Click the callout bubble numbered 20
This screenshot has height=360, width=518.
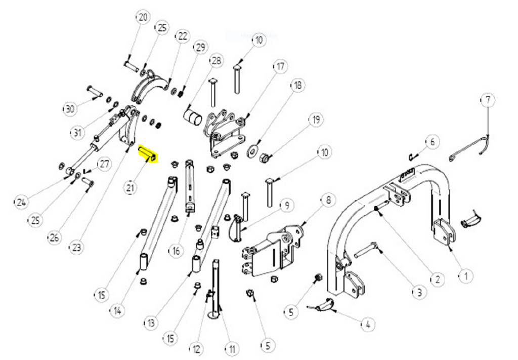[x=143, y=17]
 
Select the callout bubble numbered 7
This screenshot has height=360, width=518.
[x=488, y=100]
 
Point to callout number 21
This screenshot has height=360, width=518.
[x=131, y=188]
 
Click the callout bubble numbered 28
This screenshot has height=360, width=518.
[x=217, y=61]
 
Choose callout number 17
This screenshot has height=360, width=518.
[x=280, y=66]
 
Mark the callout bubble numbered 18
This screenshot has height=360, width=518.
[x=297, y=85]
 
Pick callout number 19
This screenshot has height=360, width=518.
[x=316, y=120]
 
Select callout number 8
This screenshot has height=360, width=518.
[x=328, y=200]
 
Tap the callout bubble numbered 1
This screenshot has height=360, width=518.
[x=465, y=276]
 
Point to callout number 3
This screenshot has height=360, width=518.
[x=418, y=292]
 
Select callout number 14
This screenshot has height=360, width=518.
[x=117, y=311]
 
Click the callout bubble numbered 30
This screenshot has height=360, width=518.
[x=70, y=108]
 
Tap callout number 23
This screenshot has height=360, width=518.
[x=76, y=248]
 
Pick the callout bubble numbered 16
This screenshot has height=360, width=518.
[x=176, y=250]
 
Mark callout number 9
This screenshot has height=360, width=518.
[x=286, y=206]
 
